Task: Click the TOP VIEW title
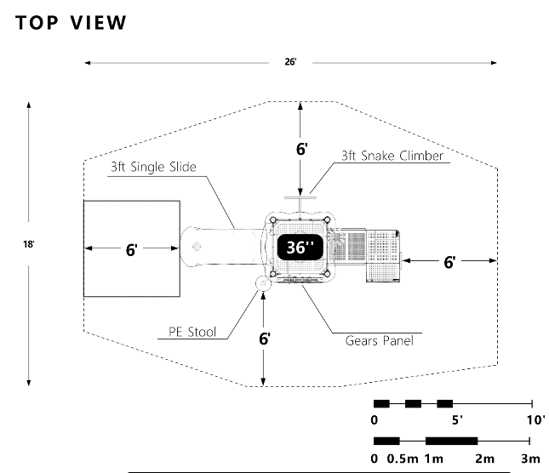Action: [x=71, y=23]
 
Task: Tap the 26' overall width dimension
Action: [x=290, y=62]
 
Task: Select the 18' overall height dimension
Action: [x=29, y=244]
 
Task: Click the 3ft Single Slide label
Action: [x=153, y=167]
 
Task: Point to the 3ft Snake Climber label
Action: [x=392, y=156]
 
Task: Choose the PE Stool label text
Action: [x=192, y=332]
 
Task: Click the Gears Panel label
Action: [x=379, y=340]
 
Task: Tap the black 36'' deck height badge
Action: [x=300, y=248]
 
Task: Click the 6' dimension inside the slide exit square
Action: [x=132, y=250]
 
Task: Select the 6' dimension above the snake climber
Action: [x=302, y=149]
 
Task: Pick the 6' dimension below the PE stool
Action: [x=265, y=339]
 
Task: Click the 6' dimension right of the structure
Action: [x=450, y=262]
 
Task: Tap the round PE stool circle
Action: [x=263, y=283]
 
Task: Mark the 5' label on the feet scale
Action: [x=457, y=419]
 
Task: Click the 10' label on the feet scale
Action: [x=536, y=419]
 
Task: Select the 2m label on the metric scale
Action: [x=485, y=459]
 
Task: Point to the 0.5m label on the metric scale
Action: [x=403, y=459]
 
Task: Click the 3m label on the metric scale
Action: [x=531, y=459]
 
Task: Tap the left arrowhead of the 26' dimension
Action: [x=88, y=63]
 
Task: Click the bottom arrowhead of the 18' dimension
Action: [x=29, y=383]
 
